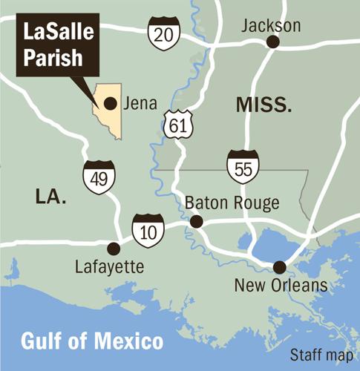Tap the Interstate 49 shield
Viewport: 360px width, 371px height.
98,176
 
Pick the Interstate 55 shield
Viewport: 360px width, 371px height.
242,165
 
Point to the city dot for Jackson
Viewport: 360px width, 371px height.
273,43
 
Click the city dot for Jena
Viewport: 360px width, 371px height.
110,103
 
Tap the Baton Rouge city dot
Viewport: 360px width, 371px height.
196,221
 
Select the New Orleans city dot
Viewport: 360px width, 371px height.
280,267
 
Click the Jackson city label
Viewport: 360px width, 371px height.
272,26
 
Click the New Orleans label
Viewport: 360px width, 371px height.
280,286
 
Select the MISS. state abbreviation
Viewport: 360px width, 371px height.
263,105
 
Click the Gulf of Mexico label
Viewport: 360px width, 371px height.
92,342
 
